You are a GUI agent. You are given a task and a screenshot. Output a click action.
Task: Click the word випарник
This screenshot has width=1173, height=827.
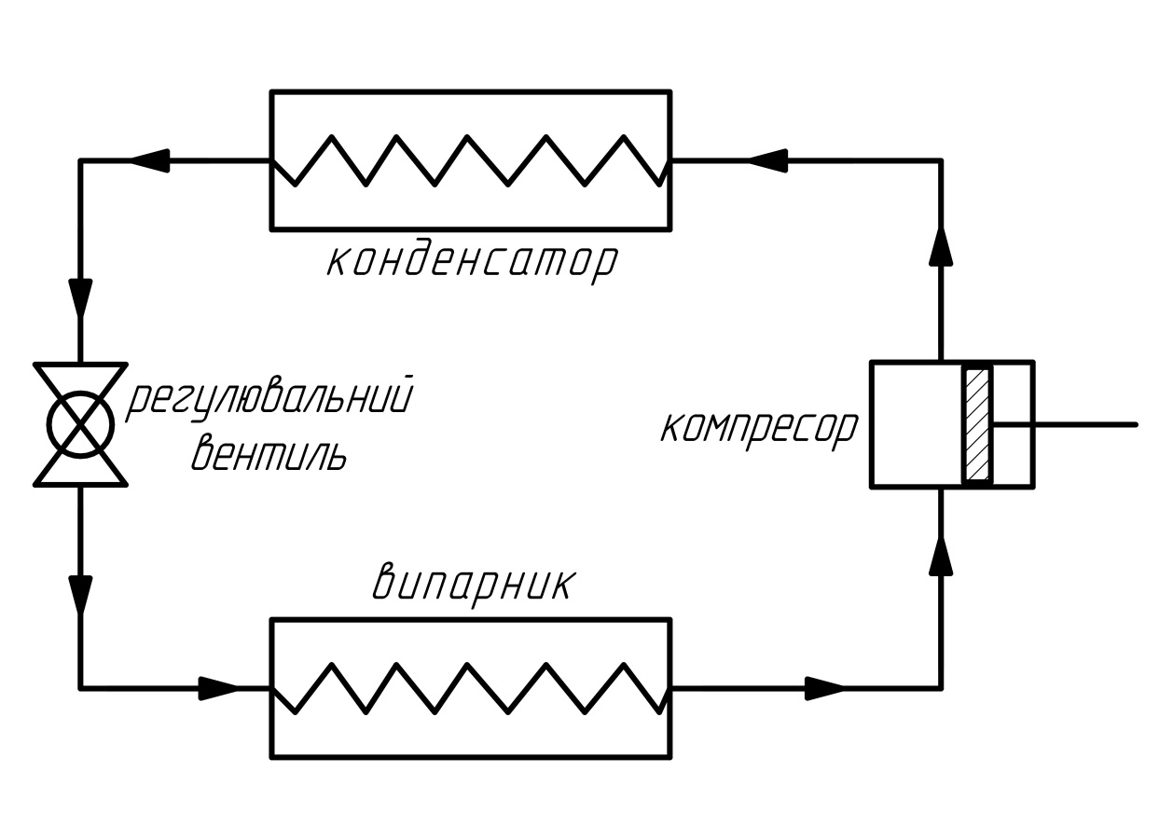click(474, 586)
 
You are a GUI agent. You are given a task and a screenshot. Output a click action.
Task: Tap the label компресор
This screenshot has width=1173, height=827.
click(760, 431)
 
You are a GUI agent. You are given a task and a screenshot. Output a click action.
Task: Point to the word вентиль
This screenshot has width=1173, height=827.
click(269, 452)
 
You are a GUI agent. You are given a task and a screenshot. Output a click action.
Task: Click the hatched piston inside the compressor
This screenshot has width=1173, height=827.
click(977, 425)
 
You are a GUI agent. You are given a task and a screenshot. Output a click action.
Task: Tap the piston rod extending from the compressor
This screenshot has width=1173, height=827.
click(1064, 424)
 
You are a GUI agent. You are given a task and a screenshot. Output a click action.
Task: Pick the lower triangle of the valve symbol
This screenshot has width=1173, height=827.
click(80, 463)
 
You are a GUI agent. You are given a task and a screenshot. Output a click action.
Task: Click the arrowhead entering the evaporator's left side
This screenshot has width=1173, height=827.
click(218, 688)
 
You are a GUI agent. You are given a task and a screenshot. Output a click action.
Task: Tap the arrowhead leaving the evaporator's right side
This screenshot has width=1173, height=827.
click(824, 688)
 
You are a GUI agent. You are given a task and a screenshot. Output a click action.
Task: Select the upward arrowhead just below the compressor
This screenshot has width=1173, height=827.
click(941, 556)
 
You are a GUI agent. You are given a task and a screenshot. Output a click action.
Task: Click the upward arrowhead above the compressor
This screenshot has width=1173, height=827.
click(941, 245)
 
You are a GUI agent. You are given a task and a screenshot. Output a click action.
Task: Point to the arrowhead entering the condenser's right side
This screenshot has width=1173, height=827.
click(767, 160)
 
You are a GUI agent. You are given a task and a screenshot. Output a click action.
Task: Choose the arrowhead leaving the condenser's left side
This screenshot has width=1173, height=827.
click(150, 160)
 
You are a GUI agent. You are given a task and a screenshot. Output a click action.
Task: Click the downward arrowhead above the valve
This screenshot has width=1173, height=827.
click(80, 299)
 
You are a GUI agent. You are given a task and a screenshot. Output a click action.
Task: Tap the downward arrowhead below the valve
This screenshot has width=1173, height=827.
click(80, 596)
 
